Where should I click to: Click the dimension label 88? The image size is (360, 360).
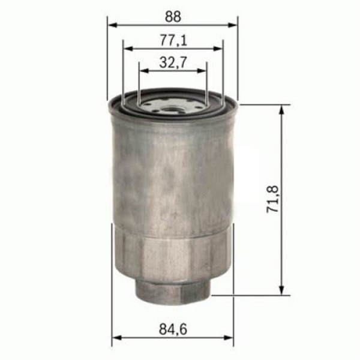pyautogui.click(x=173, y=17)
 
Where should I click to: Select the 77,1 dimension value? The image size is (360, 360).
pyautogui.click(x=173, y=40)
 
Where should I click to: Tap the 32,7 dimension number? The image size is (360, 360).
pyautogui.click(x=173, y=62)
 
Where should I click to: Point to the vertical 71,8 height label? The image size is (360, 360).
pyautogui.click(x=272, y=199)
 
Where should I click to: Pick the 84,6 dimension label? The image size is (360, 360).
pyautogui.click(x=173, y=329)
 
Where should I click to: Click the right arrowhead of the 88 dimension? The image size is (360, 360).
pyautogui.click(x=232, y=25)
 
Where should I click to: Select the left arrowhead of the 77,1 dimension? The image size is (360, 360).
pyautogui.click(x=128, y=49)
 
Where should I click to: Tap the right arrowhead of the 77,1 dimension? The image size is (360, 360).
pyautogui.click(x=218, y=49)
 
